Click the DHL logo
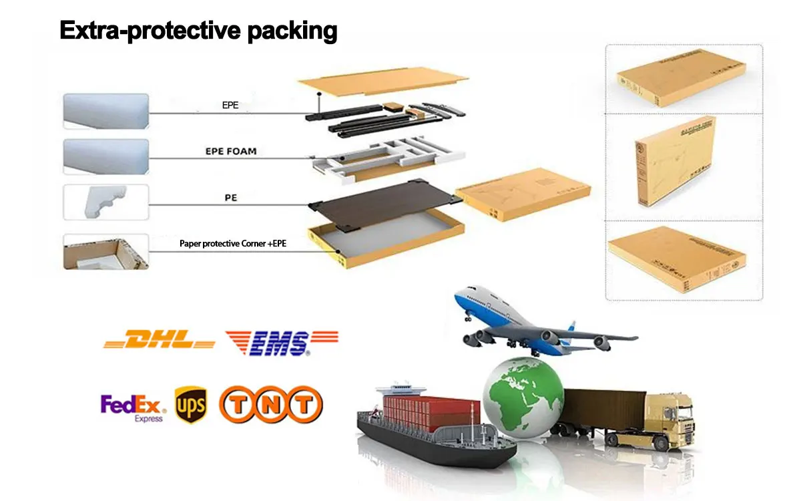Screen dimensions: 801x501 [160, 341]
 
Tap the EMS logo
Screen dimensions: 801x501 [281, 342]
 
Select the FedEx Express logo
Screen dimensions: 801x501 [133, 406]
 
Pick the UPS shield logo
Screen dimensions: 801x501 [190, 405]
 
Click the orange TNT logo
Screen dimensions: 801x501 [270, 405]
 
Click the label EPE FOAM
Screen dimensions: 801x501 [230, 152]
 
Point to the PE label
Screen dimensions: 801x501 [230, 198]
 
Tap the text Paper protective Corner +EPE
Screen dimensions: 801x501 [233, 244]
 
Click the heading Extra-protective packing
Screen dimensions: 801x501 [198, 31]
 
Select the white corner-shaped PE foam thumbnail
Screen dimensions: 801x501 [105, 202]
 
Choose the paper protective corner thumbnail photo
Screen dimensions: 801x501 [105, 252]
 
